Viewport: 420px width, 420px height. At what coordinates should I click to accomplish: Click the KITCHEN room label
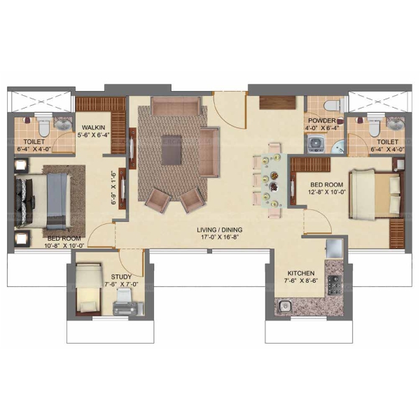pos(301,273)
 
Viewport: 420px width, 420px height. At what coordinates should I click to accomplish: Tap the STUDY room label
pos(121,277)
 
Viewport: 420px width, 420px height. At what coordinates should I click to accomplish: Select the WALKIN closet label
pos(93,127)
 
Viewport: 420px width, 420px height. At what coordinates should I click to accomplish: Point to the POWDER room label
pos(322,120)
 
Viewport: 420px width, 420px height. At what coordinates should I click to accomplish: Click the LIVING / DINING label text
pos(220,230)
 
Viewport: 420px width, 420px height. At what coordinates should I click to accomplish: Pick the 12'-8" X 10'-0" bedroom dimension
pos(327,192)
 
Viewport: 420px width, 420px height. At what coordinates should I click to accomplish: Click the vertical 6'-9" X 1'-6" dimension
pos(114,188)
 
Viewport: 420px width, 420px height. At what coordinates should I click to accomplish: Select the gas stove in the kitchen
pos(335,286)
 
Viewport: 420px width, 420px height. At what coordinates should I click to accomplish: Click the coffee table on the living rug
pos(171,150)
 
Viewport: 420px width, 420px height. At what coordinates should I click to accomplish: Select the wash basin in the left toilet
pos(64,124)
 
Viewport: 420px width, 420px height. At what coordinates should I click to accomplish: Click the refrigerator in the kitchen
pos(335,248)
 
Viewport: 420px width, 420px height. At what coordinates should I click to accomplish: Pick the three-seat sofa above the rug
pos(176,106)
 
